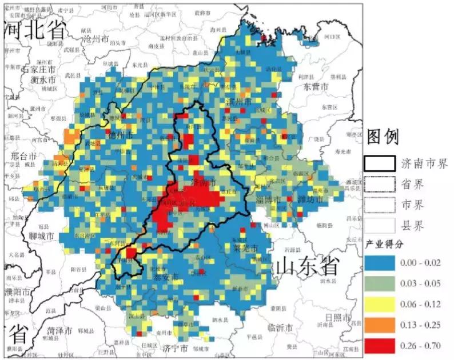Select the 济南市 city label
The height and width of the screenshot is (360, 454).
tap(204, 183)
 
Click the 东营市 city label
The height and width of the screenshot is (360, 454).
tap(316, 87)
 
